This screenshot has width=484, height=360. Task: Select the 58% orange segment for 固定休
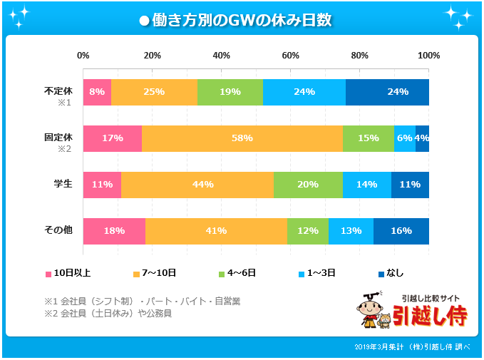coord(242,138)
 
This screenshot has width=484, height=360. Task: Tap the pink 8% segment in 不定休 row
coord(97,92)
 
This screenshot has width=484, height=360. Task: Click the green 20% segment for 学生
coord(308,185)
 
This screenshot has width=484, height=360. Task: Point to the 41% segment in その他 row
coord(216,231)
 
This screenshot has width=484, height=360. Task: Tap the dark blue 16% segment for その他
coord(401,231)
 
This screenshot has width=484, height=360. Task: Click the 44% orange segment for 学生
coord(202,185)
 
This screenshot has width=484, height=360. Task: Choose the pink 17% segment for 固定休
coord(112,138)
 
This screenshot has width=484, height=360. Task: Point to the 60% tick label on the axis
coord(290,56)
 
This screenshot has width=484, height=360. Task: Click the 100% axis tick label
coord(428,56)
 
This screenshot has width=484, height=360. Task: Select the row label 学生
coord(63,184)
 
